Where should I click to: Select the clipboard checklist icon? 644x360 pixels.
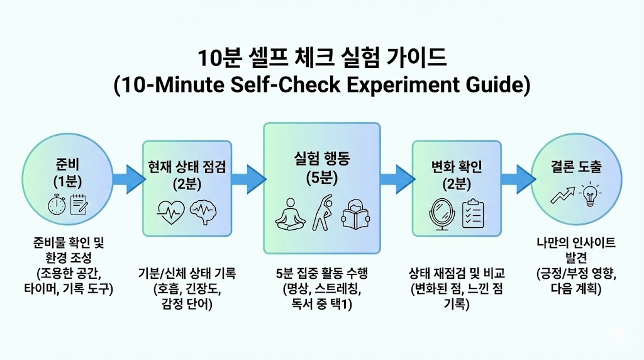(x=473, y=213)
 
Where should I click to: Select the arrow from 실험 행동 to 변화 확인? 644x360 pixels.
(x=396, y=179)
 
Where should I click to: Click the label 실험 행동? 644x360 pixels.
(x=321, y=160)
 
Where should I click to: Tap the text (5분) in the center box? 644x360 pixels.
(x=321, y=178)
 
